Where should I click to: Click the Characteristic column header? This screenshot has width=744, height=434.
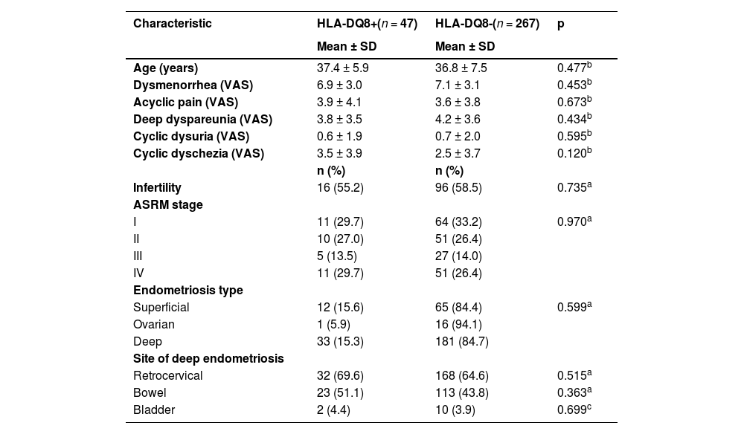click(x=172, y=24)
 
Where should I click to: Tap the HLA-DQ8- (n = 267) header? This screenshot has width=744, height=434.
click(x=487, y=24)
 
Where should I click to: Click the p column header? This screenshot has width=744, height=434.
click(x=561, y=24)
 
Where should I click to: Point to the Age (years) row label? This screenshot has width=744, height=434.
click(x=165, y=68)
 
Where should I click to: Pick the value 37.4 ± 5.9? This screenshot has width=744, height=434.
click(x=343, y=68)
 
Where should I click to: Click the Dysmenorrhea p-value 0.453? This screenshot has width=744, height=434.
click(x=574, y=85)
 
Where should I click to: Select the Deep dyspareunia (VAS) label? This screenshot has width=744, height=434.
click(x=202, y=119)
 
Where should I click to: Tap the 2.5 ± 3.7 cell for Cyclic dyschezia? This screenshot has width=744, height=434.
click(x=458, y=153)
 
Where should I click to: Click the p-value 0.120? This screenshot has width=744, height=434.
click(x=574, y=153)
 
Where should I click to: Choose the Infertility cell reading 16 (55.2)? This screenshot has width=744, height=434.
click(x=340, y=188)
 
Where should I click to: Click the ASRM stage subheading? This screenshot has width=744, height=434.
click(x=167, y=205)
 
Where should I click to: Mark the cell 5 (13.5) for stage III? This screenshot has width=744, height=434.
click(x=337, y=256)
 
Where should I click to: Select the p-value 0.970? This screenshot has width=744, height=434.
click(x=574, y=221)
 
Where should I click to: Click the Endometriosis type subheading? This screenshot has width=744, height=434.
click(x=187, y=291)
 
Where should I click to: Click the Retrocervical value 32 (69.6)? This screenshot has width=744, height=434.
click(x=340, y=376)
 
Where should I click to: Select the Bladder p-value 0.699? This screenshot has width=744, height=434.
click(x=574, y=410)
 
